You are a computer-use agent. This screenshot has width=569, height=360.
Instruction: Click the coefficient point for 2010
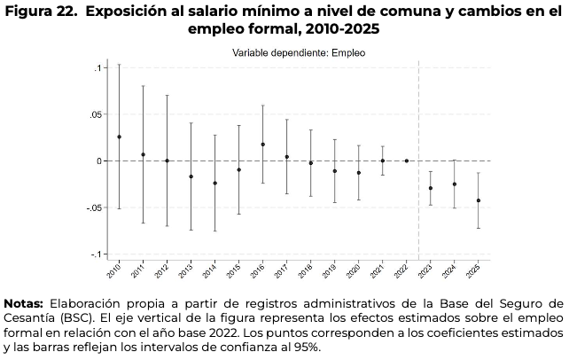pos(120,137)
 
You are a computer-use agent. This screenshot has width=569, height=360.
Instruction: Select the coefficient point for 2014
pos(215,183)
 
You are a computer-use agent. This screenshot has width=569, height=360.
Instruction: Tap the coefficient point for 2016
pos(263,145)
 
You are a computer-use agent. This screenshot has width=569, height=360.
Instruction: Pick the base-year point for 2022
pos(407,160)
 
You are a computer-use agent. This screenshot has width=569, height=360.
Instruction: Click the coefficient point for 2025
pos(479,200)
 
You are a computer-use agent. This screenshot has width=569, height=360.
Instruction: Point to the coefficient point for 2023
pos(431,188)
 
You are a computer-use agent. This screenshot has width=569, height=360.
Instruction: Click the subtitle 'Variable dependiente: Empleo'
pos(299,53)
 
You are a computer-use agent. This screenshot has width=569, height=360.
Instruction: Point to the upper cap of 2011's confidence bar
pos(144,86)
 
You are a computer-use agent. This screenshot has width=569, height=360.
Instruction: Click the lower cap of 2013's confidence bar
pos(191,231)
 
